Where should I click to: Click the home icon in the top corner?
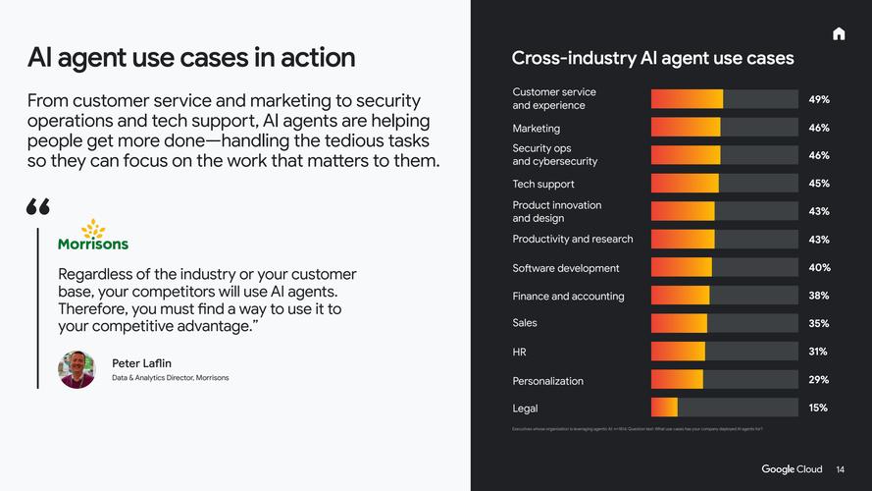click(x=839, y=34)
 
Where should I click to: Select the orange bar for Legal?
click(x=664, y=408)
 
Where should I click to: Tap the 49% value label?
click(x=819, y=99)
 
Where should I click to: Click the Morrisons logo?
click(x=93, y=236)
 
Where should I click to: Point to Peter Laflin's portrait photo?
click(x=77, y=369)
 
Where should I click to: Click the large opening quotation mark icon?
click(x=38, y=206)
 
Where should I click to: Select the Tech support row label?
click(x=543, y=184)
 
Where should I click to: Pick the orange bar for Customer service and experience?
click(x=687, y=99)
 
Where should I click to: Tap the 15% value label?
click(x=819, y=408)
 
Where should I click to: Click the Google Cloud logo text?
click(x=792, y=469)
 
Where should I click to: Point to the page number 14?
click(x=841, y=469)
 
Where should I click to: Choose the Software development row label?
click(x=566, y=268)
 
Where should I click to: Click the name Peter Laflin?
click(x=141, y=363)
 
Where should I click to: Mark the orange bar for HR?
click(x=678, y=352)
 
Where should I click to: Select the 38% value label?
click(x=819, y=296)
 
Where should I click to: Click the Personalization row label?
click(x=547, y=381)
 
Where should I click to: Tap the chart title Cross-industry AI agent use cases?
click(x=652, y=58)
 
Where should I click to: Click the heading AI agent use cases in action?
click(x=191, y=57)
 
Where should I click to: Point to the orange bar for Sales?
click(x=679, y=323)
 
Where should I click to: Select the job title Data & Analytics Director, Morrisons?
click(x=171, y=378)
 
